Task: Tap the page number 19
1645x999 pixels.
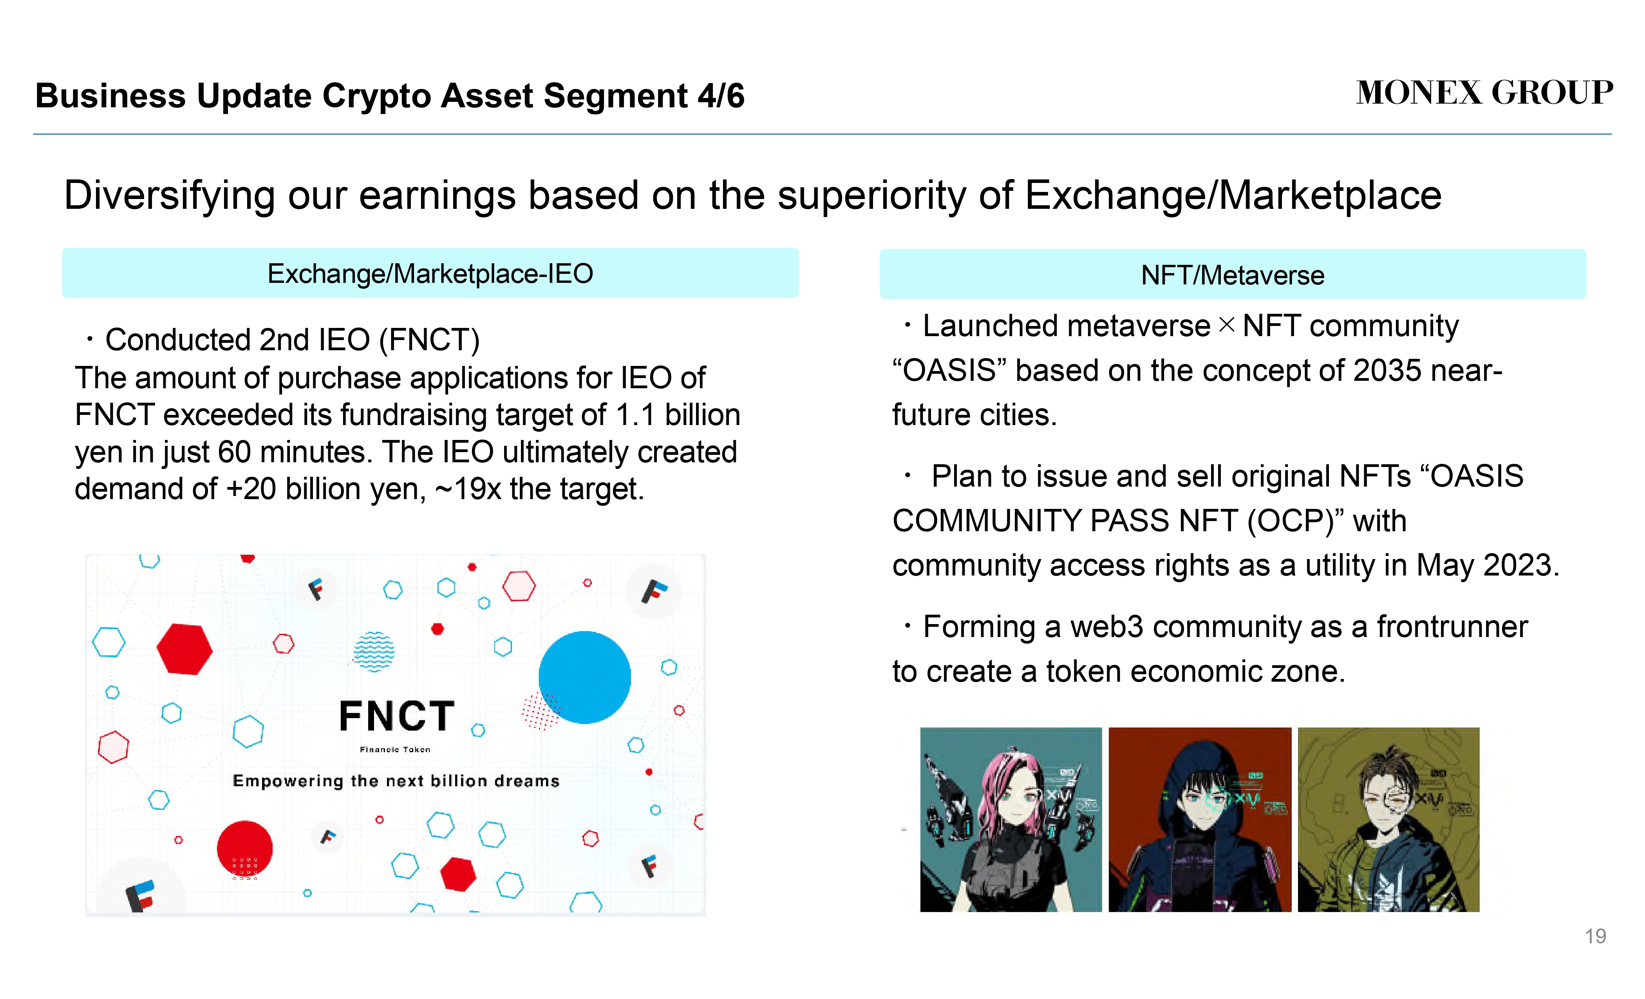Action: point(1596,936)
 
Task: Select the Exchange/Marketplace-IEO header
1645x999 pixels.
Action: point(430,273)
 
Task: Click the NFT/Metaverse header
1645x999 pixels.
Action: point(1233,275)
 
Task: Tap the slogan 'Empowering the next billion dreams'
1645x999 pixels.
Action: point(396,781)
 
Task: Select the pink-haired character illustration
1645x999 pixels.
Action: point(1011,819)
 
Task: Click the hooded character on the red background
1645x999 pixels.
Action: point(1200,819)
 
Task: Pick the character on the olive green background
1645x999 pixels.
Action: point(1388,819)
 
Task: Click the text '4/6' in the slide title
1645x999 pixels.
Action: point(721,96)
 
